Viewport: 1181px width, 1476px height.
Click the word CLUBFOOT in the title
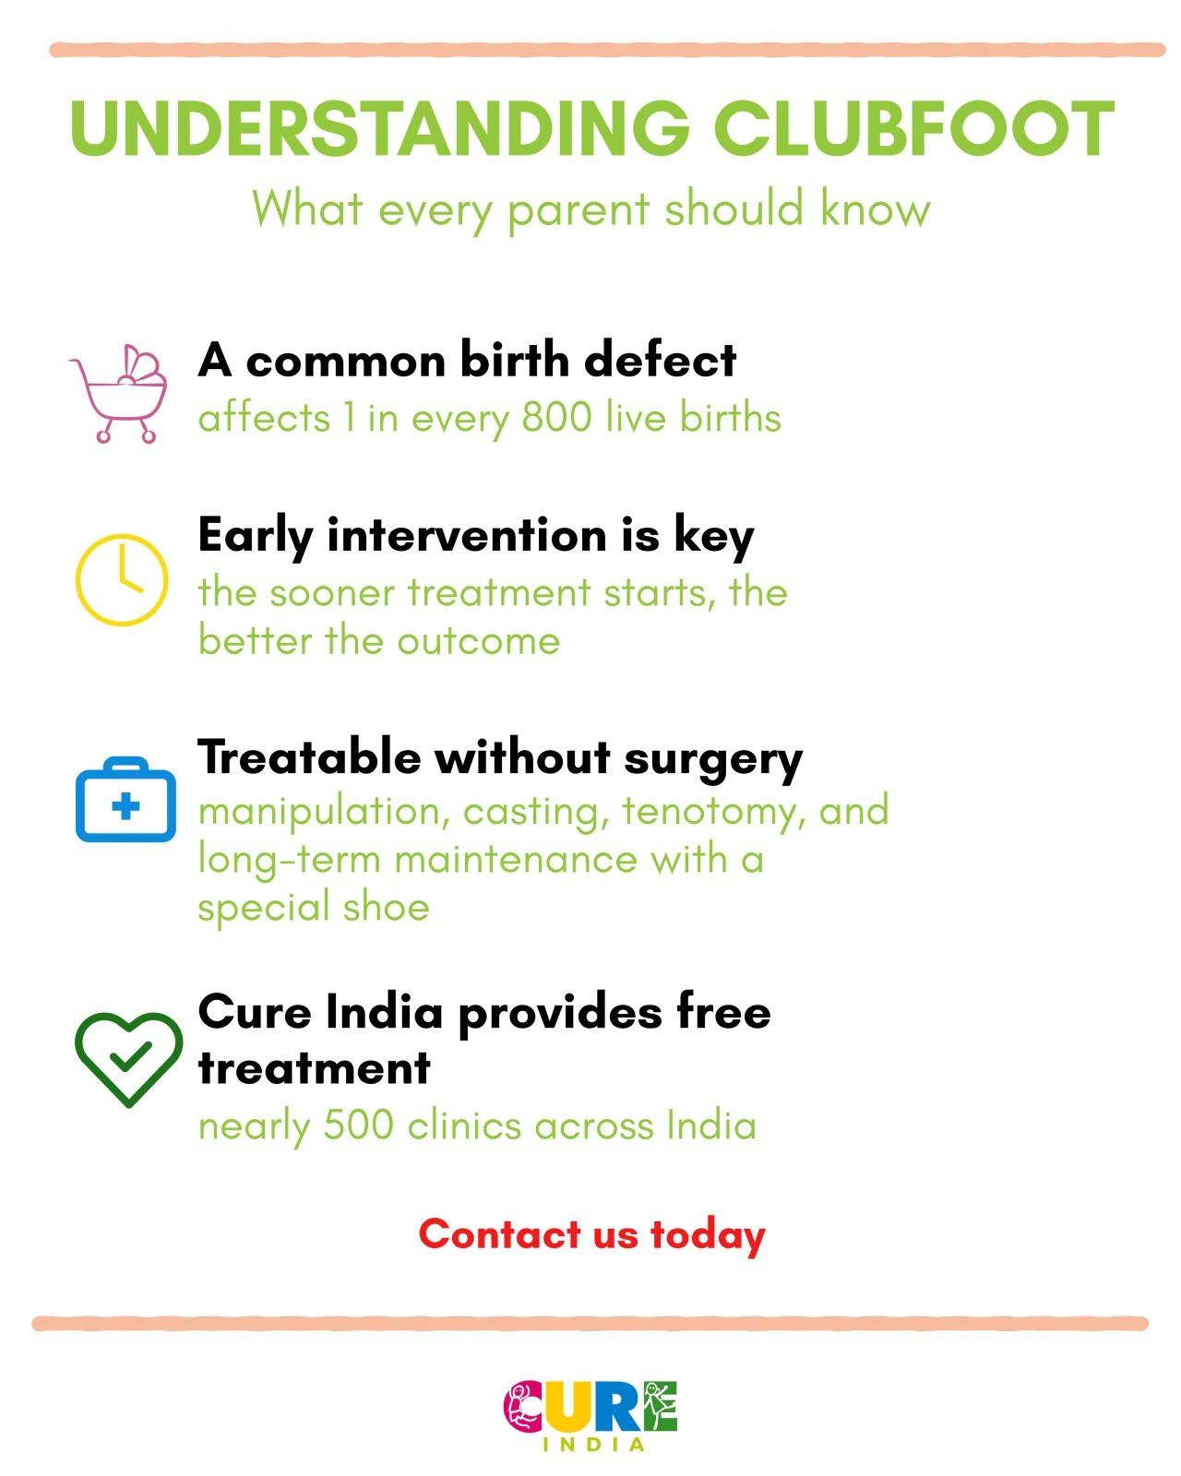pyautogui.click(x=914, y=128)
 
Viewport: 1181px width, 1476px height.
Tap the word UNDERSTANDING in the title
pyautogui.click(x=379, y=128)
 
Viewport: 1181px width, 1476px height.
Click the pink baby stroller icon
pyautogui.click(x=118, y=394)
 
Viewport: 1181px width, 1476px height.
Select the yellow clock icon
pyautogui.click(x=122, y=579)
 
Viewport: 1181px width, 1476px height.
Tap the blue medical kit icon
pyautogui.click(x=125, y=799)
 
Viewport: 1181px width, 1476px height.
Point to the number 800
pyautogui.click(x=556, y=417)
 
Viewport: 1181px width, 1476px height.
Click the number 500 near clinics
pyautogui.click(x=358, y=1125)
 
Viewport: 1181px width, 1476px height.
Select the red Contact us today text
pyautogui.click(x=591, y=1234)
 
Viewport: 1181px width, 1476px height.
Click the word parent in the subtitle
pyautogui.click(x=579, y=210)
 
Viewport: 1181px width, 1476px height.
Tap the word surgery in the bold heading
pyautogui.click(x=713, y=761)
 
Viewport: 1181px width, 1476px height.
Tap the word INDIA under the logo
pyautogui.click(x=593, y=1446)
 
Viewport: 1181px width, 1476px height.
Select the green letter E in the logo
pyautogui.click(x=661, y=1405)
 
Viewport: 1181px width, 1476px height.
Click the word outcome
pyautogui.click(x=478, y=642)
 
